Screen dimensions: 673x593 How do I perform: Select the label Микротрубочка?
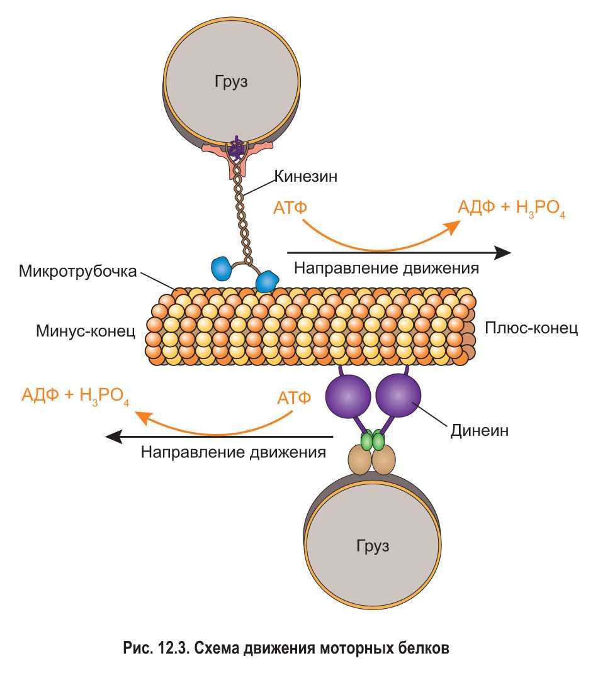[77, 272]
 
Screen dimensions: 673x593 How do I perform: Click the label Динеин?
[479, 431]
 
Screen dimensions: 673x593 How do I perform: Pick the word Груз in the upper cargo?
[230, 80]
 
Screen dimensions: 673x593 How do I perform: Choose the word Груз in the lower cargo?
[372, 543]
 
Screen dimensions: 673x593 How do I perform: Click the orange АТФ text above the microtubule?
[291, 208]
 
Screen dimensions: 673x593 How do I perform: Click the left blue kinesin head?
[220, 267]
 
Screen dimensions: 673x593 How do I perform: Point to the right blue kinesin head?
[267, 281]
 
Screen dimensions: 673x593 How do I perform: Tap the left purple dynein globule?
[347, 395]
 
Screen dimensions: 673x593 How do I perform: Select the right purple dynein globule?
[398, 395]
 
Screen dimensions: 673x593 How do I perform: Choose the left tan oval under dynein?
[361, 460]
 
